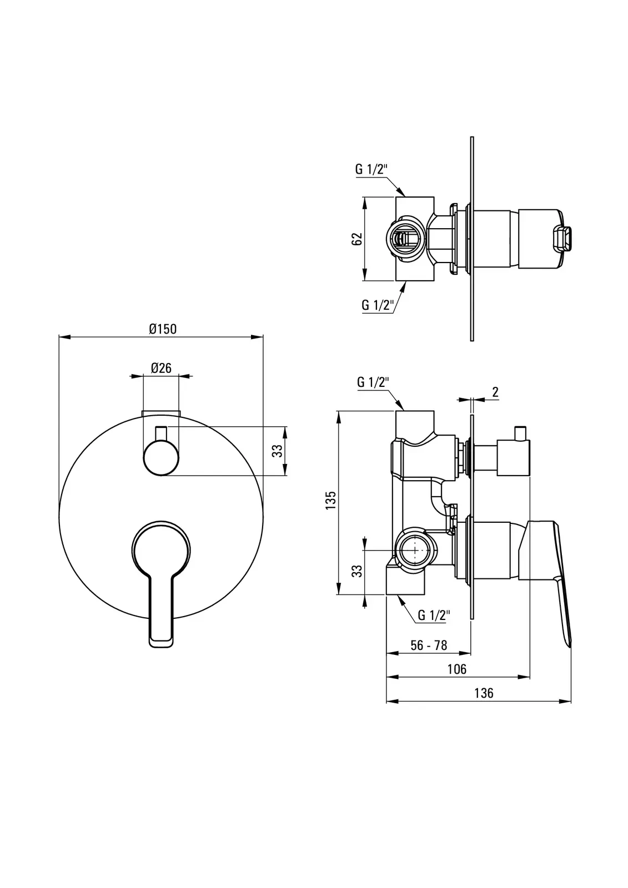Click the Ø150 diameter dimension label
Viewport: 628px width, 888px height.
coord(163,329)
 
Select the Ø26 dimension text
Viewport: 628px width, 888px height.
coord(161,367)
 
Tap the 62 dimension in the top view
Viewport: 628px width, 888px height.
coord(357,239)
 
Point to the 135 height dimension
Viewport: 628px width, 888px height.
coord(331,500)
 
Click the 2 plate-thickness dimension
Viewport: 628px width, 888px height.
coord(495,392)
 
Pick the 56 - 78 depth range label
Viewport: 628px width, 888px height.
coord(429,645)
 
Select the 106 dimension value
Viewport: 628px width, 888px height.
coord(457,669)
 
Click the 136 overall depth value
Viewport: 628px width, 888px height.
coord(484,693)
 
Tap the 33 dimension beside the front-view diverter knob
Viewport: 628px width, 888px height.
coord(279,451)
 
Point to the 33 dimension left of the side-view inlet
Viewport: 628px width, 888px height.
coord(358,571)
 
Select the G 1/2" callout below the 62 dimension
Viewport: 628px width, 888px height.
coord(378,305)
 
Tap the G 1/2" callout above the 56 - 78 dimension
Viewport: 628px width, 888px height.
coord(434,615)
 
